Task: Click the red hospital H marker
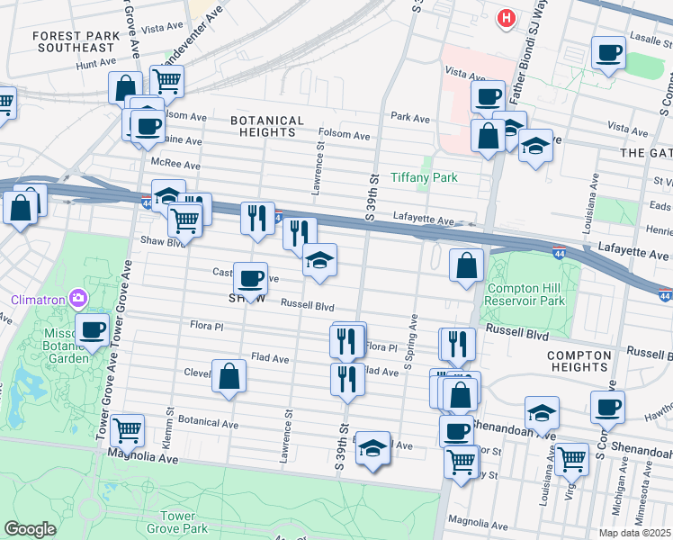coord(507,17)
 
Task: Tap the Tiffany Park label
coord(424,177)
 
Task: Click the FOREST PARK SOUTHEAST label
coord(74,41)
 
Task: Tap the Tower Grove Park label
coord(178,524)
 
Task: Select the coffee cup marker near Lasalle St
coord(609,53)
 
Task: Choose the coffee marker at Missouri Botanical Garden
coord(93,330)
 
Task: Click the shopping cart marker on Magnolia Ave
coord(128,431)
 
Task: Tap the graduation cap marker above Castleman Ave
coord(319,260)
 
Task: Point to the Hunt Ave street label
coord(97,64)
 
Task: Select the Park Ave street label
coord(411,117)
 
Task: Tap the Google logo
coord(30,529)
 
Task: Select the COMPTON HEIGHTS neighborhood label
coord(578,361)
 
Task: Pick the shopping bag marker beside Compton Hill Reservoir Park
coord(466,265)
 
